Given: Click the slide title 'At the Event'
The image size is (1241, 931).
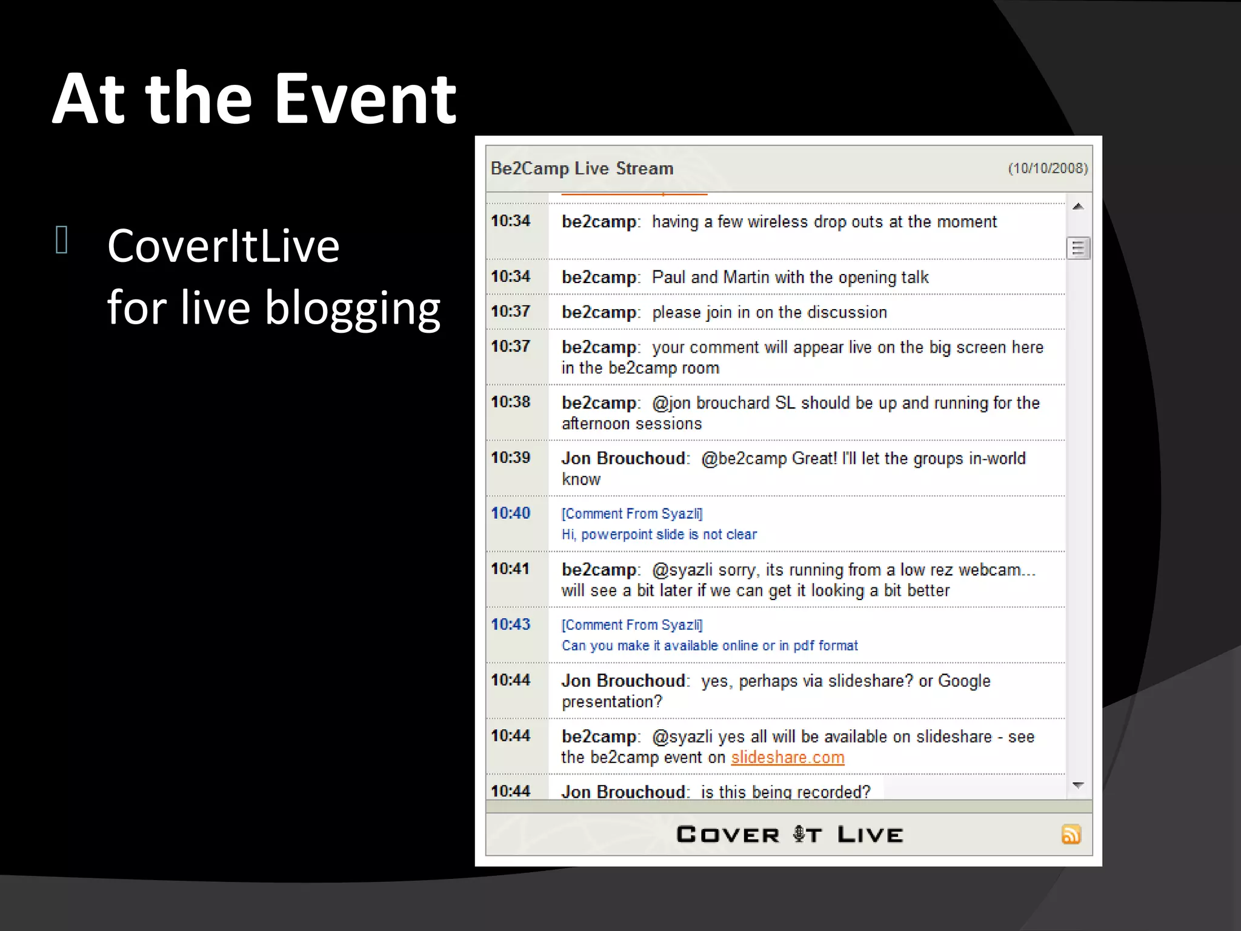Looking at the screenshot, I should pos(255,99).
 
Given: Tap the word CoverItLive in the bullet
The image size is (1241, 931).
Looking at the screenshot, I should pos(223,246).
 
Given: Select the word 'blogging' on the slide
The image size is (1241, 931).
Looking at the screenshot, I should pos(353,308).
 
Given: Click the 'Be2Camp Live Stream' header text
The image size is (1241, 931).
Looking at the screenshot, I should pos(582,169).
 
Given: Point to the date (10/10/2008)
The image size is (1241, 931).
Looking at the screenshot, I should pos(1048,169).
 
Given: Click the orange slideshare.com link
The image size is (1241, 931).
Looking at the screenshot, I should pos(787,758).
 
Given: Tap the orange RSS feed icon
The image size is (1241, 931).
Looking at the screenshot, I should pos(1071,835).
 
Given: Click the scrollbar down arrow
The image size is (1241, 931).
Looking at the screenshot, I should pos(1078,786).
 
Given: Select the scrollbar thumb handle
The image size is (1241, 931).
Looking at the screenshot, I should pos(1078,248).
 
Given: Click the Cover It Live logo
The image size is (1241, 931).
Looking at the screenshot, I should pos(789,835).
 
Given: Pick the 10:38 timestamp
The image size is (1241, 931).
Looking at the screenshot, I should pos(510,402).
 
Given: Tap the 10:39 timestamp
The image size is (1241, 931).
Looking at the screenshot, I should pos(510,458).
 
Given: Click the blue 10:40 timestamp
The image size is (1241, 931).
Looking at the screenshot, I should pos(510,513).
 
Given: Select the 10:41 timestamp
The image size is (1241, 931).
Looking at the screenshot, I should pos(510,569).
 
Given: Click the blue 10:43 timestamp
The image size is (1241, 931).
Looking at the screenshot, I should pos(510,624).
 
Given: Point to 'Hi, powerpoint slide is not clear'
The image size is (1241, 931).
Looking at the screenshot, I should pos(659,535).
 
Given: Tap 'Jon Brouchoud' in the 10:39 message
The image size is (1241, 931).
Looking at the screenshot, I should pos(623,458).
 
